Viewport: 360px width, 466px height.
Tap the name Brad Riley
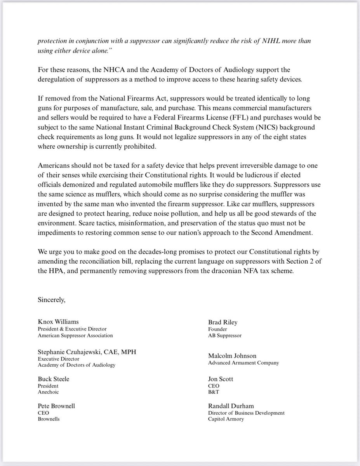pos(223,322)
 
